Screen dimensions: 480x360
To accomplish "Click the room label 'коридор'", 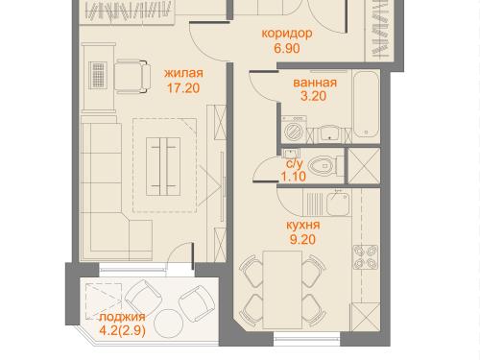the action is tap(287, 34).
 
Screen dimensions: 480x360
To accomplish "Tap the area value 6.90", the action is tap(287, 49).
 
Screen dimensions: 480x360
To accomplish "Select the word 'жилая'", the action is tap(183, 73).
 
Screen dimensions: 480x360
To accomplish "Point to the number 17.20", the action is tap(183, 88).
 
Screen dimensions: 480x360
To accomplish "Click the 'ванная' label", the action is tap(315, 83).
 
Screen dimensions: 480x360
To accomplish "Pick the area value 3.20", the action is tap(313, 96).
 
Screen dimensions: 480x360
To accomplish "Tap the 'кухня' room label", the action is tap(302, 225).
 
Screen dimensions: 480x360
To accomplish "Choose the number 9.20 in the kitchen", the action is tap(302, 239).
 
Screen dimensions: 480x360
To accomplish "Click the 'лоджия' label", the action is tap(122, 317).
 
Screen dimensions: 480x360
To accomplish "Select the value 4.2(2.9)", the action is tap(123, 330).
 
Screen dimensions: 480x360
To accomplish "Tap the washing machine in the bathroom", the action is tap(294, 129).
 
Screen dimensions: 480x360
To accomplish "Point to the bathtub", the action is tap(366, 105).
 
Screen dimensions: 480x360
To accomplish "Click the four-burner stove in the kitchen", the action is tap(366, 257).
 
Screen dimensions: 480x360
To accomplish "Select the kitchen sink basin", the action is tap(338, 204).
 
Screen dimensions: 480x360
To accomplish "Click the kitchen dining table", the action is tap(282, 290).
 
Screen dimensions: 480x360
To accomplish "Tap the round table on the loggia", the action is tap(168, 324).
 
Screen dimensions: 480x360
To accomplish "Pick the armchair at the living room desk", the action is tap(132, 77).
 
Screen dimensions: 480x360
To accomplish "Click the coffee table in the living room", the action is tap(163, 166).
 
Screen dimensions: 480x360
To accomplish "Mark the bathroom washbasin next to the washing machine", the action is tap(329, 133).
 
